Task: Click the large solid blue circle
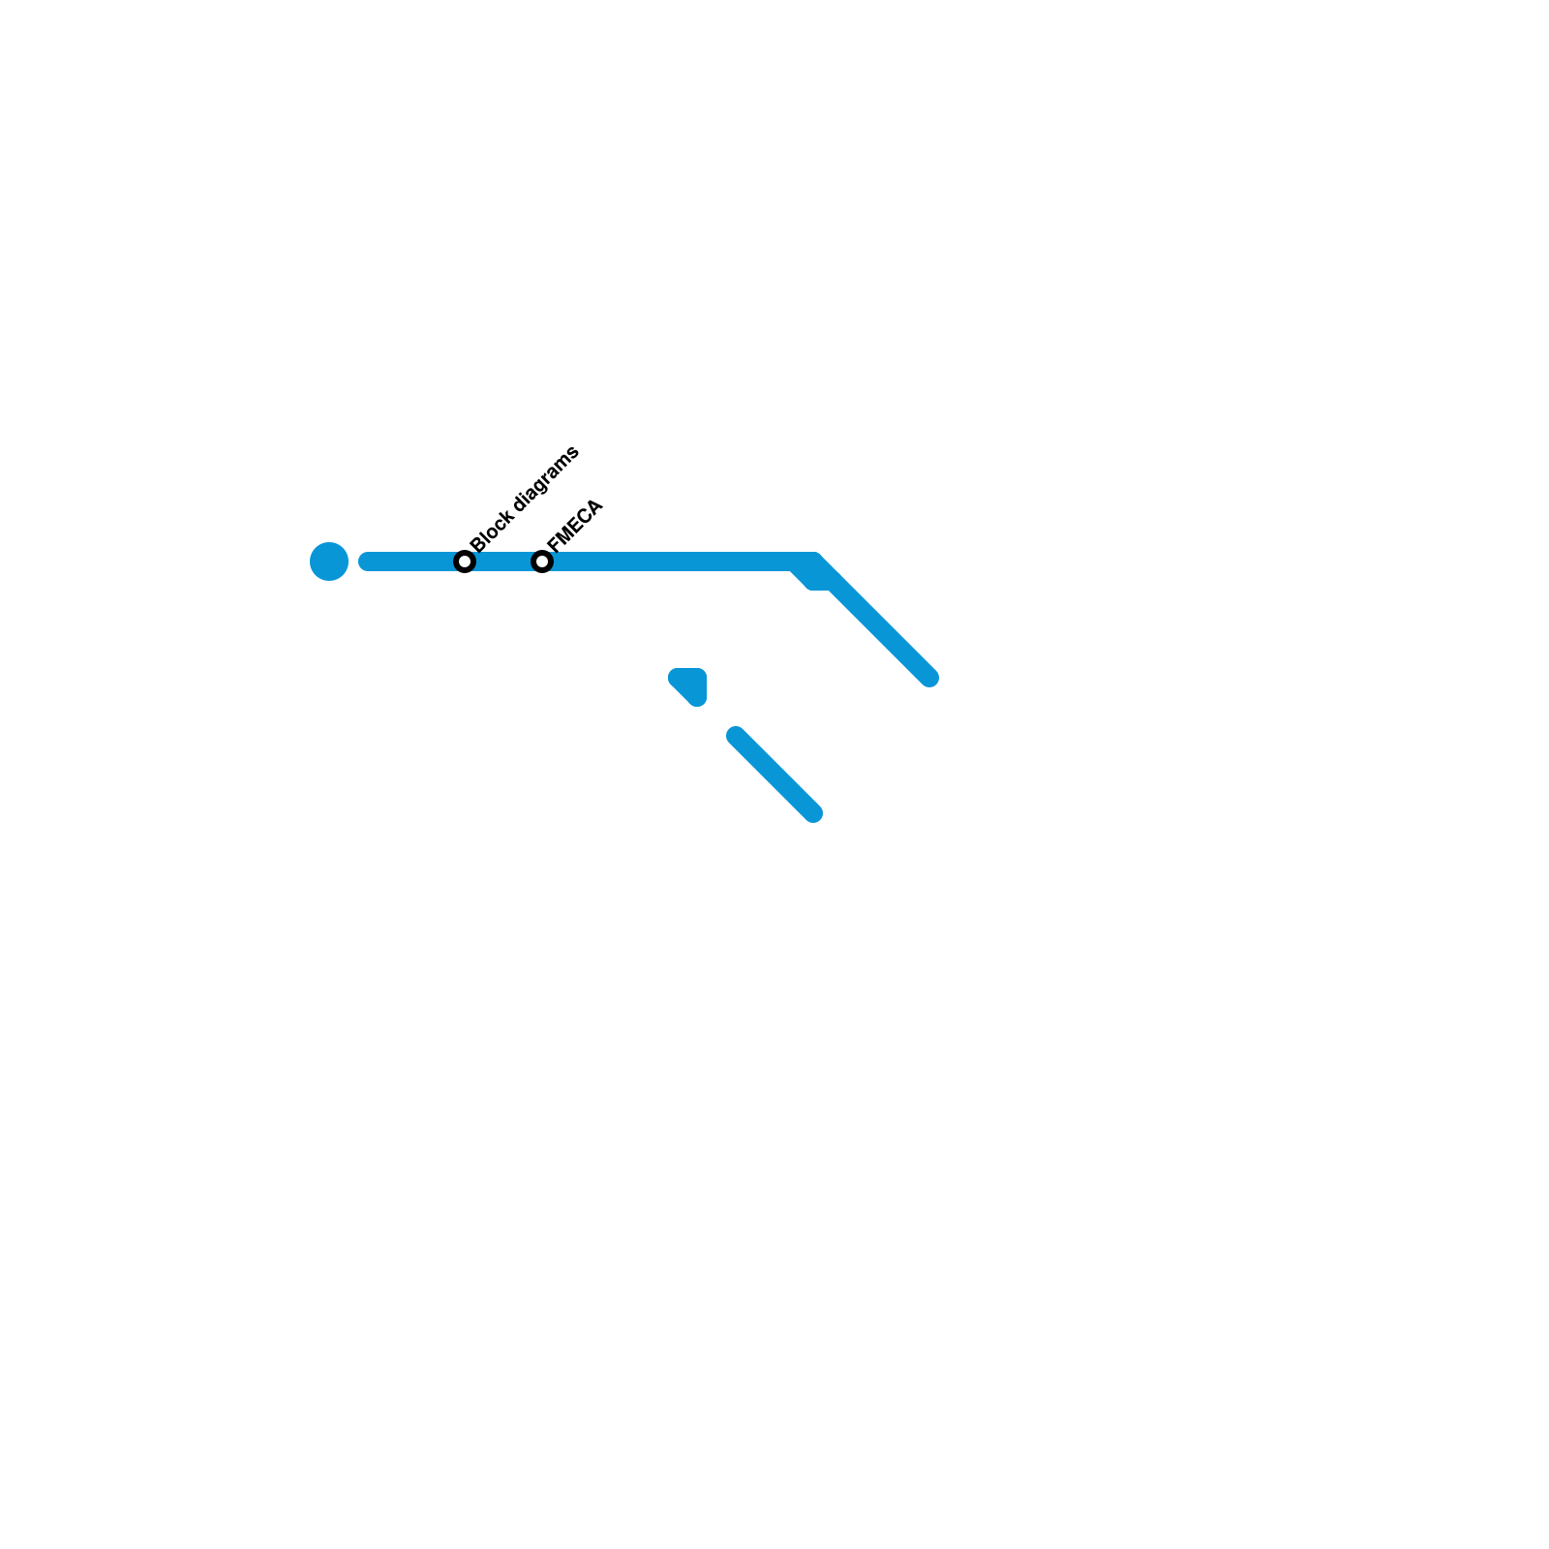(329, 562)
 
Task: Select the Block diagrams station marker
(465, 562)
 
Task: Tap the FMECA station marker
(542, 562)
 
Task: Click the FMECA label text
(575, 525)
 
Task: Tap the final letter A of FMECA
(594, 506)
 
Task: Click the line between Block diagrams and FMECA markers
(503, 562)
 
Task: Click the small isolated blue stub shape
(690, 684)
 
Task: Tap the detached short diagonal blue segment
(774, 774)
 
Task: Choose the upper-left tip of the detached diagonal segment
(737, 737)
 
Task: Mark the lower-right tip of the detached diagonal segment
(813, 813)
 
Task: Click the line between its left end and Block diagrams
(414, 562)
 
